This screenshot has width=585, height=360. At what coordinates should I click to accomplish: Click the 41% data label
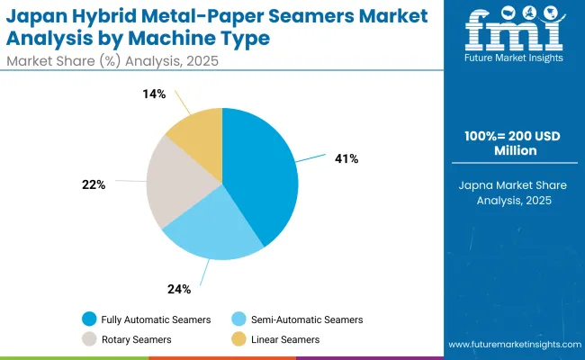click(346, 159)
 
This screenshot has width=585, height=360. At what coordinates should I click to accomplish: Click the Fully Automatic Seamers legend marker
click(90, 319)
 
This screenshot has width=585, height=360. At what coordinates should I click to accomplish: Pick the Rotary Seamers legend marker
click(90, 339)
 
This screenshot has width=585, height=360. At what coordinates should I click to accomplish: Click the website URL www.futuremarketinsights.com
click(512, 345)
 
